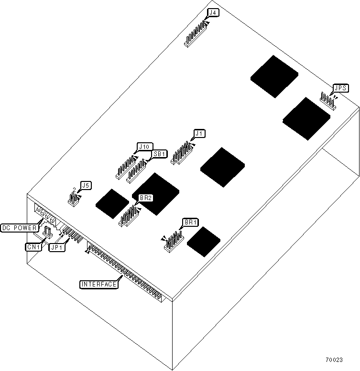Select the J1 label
pyautogui.click(x=199, y=134)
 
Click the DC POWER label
pyautogui.click(x=19, y=228)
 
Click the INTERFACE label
pyautogui.click(x=98, y=285)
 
